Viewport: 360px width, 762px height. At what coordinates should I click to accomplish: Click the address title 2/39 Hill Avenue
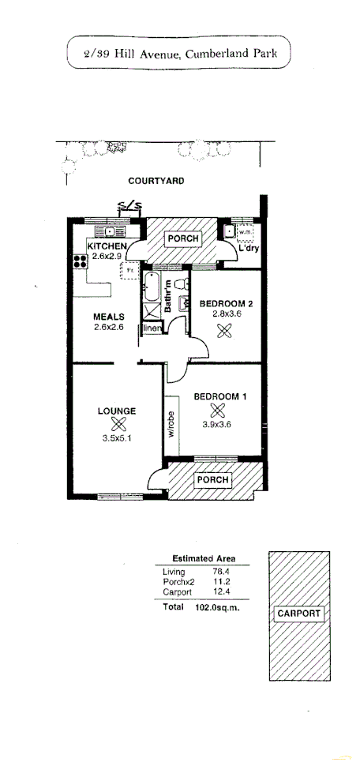[180, 54]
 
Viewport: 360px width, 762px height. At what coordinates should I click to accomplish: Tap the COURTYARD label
[156, 181]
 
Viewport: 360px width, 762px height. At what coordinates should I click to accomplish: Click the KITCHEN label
[96, 246]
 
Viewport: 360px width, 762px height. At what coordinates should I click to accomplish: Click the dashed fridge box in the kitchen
[128, 271]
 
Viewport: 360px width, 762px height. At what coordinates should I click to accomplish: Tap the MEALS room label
[109, 317]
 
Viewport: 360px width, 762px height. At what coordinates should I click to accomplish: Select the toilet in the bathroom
[181, 282]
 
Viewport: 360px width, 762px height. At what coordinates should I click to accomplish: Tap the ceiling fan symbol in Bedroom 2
[224, 332]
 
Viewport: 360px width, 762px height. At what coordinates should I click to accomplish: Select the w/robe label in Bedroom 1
[171, 424]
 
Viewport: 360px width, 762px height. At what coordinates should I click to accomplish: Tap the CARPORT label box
[298, 614]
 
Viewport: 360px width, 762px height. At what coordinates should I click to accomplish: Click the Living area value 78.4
[216, 572]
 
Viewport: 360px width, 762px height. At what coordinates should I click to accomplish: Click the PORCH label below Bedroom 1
[212, 479]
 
